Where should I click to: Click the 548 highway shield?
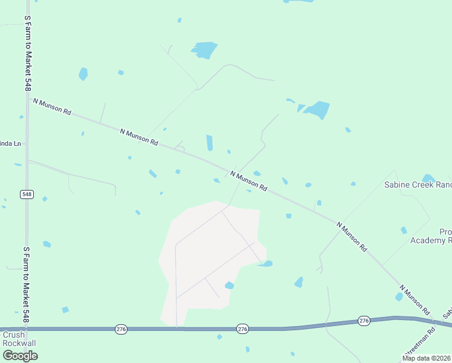point(27,194)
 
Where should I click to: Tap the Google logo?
point(19,355)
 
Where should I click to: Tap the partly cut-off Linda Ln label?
point(10,144)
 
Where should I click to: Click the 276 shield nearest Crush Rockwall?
point(121,329)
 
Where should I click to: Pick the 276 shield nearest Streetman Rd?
point(363,320)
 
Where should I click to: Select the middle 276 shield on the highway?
point(242,329)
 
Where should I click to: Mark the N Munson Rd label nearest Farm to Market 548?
point(53,107)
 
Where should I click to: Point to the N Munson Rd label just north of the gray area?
point(248,181)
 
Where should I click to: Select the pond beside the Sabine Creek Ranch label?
point(428,178)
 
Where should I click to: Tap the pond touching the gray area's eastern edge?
point(266,263)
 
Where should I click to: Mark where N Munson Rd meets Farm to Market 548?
point(28,99)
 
